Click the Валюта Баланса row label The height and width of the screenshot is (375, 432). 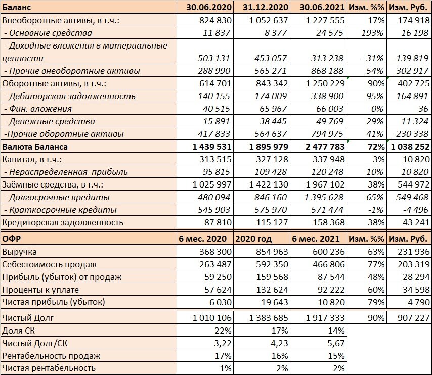click(x=35, y=147)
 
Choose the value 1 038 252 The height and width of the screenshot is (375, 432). click(x=409, y=147)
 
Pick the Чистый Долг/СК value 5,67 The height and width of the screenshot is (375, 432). click(x=334, y=343)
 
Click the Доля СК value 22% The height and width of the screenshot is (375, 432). click(x=222, y=331)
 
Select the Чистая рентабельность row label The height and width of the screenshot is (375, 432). click(x=49, y=368)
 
